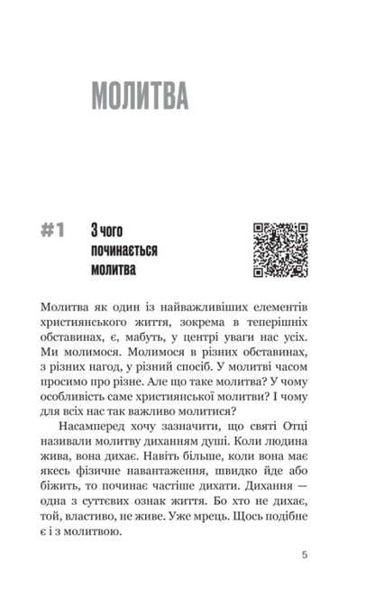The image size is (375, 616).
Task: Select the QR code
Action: pyautogui.click(x=279, y=250)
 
